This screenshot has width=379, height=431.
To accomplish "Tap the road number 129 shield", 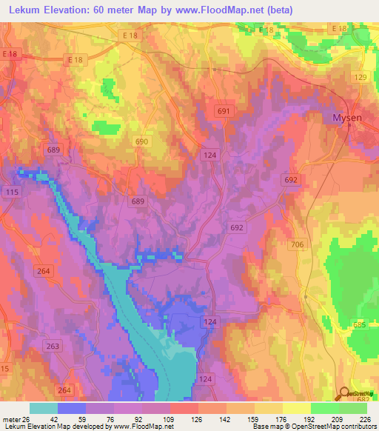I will (360, 78).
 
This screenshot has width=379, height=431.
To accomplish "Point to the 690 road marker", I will (141, 141).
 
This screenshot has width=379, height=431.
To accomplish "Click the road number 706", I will (298, 245).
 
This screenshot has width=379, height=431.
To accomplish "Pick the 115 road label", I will (10, 193).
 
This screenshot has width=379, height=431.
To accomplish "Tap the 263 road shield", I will (53, 346).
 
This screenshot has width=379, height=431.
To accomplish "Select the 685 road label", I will (360, 325).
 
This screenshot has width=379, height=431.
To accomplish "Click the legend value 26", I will (26, 418).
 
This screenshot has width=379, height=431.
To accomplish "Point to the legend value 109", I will (167, 418).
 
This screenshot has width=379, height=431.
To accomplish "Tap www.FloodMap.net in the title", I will (229, 10).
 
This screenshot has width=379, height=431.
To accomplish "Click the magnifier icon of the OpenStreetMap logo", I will (344, 394).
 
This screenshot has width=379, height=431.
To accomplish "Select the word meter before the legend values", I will (10, 418).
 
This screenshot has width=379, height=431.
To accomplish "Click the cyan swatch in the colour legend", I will (43, 408).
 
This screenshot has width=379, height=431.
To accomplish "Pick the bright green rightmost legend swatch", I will (352, 408).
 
